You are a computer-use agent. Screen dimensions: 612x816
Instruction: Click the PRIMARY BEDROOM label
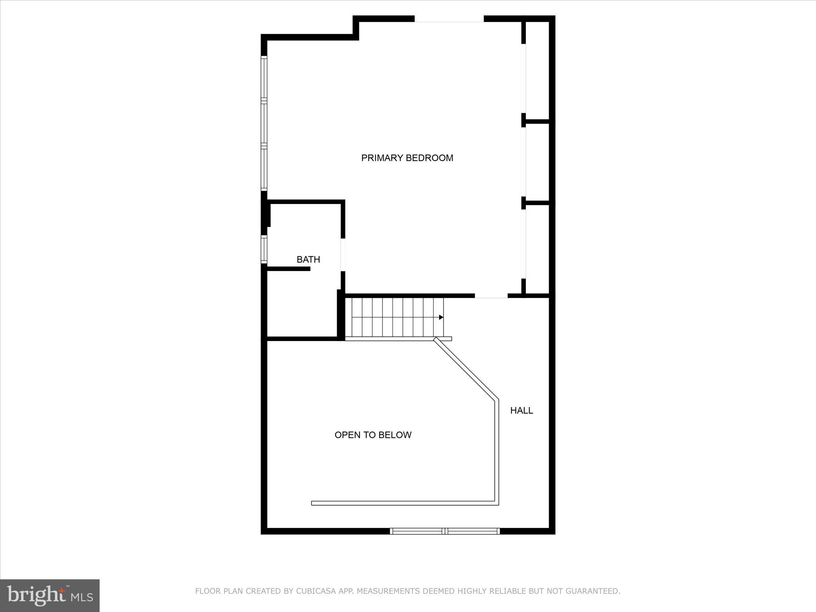pos(407,158)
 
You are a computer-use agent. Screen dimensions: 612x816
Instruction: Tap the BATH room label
pos(308,259)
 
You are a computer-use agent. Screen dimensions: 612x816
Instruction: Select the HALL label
pos(521,410)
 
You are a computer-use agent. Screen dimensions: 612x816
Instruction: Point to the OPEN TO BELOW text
pos(373,435)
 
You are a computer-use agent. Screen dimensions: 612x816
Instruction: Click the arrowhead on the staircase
pos(441,317)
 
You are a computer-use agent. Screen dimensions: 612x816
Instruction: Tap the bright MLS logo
pos(50,595)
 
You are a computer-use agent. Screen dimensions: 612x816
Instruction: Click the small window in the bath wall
pos(264,249)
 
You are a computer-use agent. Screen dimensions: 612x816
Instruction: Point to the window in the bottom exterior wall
pos(445,531)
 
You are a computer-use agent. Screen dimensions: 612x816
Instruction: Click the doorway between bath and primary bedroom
pos(343,255)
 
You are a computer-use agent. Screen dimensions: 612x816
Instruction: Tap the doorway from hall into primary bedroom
pos(491,296)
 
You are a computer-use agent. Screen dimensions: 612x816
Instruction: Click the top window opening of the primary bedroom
pos(449,19)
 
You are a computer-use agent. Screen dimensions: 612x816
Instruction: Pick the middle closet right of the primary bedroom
pos(537,162)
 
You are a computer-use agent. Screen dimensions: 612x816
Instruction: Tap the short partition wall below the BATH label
pos(288,269)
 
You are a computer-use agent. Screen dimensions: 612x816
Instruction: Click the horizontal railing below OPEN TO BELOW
pos(404,503)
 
